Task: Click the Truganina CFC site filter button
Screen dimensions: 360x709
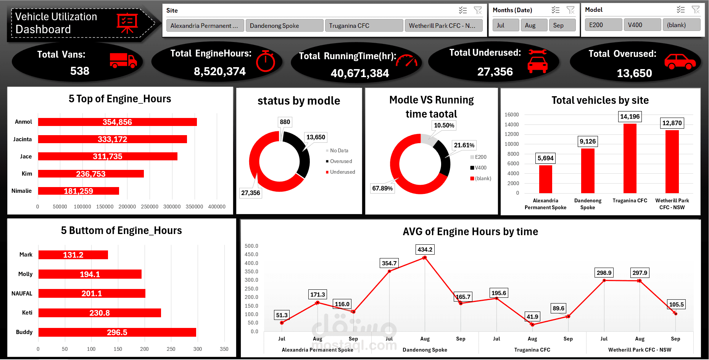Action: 364,26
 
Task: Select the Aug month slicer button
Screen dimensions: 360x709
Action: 533,25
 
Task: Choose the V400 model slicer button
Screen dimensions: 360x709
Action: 642,25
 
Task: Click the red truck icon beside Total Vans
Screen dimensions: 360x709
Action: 123,60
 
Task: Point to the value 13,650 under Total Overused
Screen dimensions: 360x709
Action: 634,73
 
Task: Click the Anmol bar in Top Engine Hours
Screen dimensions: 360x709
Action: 118,122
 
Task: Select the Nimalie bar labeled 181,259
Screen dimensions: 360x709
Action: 79,191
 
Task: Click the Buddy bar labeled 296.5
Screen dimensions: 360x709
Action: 117,332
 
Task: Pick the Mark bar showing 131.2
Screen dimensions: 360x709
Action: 73,255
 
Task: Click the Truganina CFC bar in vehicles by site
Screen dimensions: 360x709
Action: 630,158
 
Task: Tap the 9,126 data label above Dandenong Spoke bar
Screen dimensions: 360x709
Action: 587,141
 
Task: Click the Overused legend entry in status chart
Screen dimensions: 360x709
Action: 341,161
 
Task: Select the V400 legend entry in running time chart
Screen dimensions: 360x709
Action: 480,168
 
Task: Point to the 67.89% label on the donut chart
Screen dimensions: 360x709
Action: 382,188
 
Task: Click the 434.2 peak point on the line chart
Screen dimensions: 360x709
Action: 425,258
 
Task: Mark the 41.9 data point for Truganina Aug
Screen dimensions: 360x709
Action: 532,324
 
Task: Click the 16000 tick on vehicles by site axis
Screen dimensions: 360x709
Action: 511,115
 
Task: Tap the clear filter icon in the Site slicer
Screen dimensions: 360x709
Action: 478,10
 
